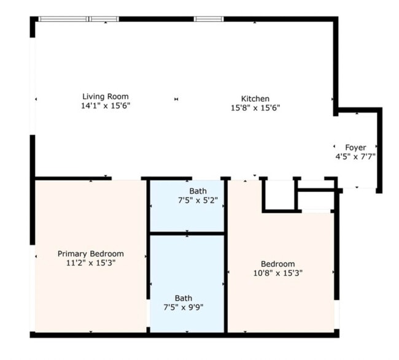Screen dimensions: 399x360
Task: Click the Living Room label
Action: (x=106, y=97)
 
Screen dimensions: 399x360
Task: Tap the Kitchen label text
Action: (x=255, y=99)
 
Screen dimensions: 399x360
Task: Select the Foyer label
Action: (x=355, y=147)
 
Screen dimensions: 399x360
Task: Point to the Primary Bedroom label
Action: (x=91, y=254)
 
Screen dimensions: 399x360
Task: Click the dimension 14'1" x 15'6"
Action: (x=106, y=105)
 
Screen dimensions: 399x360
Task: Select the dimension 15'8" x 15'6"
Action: (x=255, y=108)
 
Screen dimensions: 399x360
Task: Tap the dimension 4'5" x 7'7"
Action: (x=355, y=156)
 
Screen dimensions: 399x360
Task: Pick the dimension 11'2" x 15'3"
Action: (x=91, y=263)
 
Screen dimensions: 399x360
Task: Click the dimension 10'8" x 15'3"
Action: (x=278, y=273)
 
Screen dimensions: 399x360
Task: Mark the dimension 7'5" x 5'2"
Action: (x=198, y=201)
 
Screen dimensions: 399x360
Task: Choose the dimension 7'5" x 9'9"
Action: (x=183, y=308)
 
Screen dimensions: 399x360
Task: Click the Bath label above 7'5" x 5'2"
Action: (x=198, y=191)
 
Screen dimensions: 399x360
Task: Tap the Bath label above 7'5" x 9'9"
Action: (x=183, y=298)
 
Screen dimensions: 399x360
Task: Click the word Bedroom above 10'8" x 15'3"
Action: (x=278, y=264)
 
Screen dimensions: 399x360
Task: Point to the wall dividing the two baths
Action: (x=187, y=234)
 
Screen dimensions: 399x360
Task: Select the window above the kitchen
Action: (x=209, y=19)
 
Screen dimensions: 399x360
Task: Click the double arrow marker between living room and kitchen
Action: (x=176, y=99)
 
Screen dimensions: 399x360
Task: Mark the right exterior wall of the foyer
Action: (x=379, y=150)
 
